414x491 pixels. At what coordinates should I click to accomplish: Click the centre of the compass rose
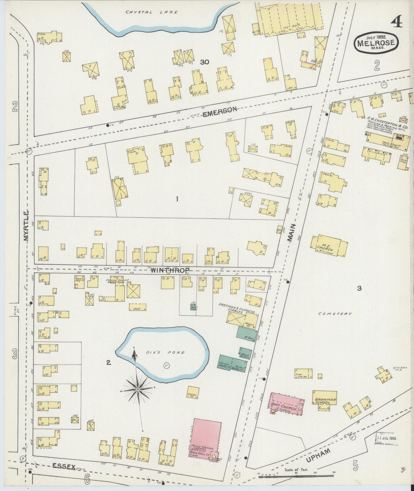pyautogui.click(x=138, y=389)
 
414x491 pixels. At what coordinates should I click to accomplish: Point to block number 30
pyautogui.click(x=205, y=62)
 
